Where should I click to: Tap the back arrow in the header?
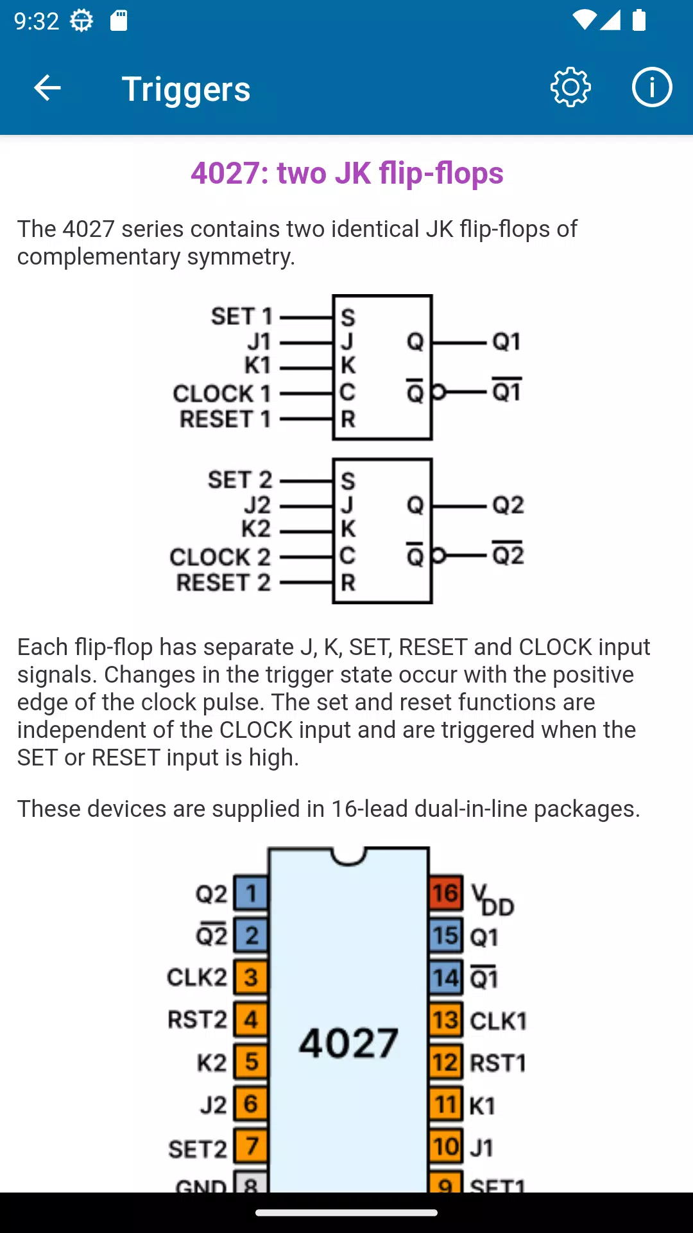[47, 88]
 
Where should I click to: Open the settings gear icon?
[570, 87]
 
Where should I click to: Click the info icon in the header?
[651, 87]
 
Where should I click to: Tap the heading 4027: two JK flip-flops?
[346, 173]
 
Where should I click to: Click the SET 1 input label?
[241, 317]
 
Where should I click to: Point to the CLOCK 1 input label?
[221, 393]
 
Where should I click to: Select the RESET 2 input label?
[223, 582]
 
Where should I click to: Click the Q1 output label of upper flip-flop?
[506, 342]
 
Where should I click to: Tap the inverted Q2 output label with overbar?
[508, 554]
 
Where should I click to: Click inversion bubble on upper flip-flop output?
[438, 392]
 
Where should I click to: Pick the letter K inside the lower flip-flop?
[348, 529]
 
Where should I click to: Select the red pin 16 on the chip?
[445, 893]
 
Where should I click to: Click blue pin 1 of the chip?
[251, 893]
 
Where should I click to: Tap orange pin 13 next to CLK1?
[445, 1020]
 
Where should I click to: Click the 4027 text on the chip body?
[348, 1043]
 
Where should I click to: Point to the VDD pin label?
[492, 899]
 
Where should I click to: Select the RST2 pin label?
[197, 1020]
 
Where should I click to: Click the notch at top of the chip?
[348, 856]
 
